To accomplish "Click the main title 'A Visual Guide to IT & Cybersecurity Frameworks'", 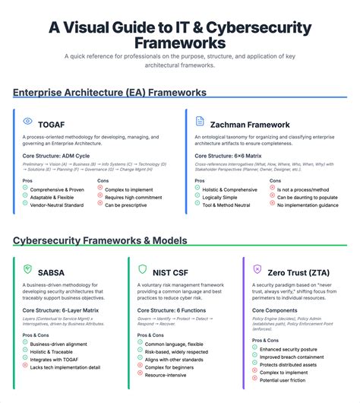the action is pyautogui.click(x=180, y=36).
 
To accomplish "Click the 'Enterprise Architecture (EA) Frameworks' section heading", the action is pyautogui.click(x=109, y=93).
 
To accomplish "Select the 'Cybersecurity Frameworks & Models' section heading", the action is pyautogui.click(x=100, y=241).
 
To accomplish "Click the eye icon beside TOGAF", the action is pyautogui.click(x=28, y=122).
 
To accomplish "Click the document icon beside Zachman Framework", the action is pyautogui.click(x=200, y=122).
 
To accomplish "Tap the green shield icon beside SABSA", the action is pyautogui.click(x=28, y=270).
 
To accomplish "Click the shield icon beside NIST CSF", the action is pyautogui.click(x=142, y=270).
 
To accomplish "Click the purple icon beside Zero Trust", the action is pyautogui.click(x=256, y=270).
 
